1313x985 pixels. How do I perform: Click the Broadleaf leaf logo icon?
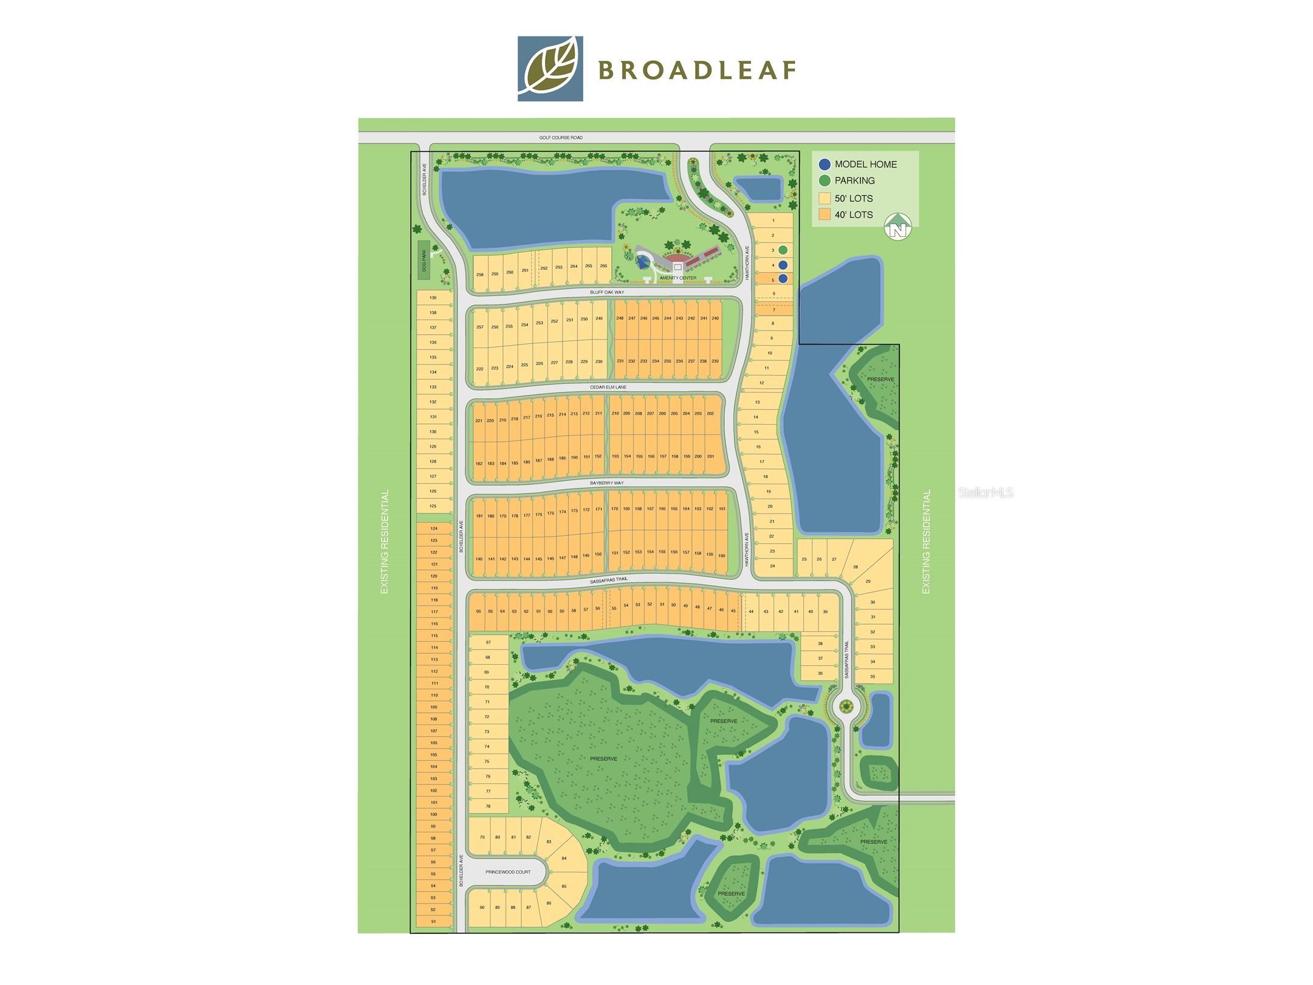pos(550,69)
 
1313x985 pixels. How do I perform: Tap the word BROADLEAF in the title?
pos(697,70)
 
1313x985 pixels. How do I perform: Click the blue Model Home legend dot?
pos(824,164)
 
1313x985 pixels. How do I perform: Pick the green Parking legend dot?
pos(824,180)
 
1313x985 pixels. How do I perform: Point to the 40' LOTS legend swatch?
pos(824,215)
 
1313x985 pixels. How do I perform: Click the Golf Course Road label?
pos(560,138)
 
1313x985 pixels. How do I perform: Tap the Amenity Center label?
pos(679,278)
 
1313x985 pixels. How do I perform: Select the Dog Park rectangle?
pos(423,261)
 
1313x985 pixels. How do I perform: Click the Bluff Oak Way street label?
pos(606,292)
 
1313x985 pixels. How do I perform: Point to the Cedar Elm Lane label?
pos(608,387)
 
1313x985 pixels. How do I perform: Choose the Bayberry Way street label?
pos(606,483)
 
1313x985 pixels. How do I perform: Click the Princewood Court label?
pos(507,872)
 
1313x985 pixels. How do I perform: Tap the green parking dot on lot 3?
pos(783,250)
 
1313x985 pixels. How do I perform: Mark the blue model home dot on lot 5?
pos(783,278)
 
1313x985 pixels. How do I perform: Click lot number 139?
pos(433,298)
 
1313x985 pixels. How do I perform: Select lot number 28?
pos(855,567)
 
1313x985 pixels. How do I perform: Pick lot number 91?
pos(433,921)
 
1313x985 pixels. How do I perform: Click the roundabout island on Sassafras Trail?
pos(845,706)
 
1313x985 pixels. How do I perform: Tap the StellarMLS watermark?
pos(986,493)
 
